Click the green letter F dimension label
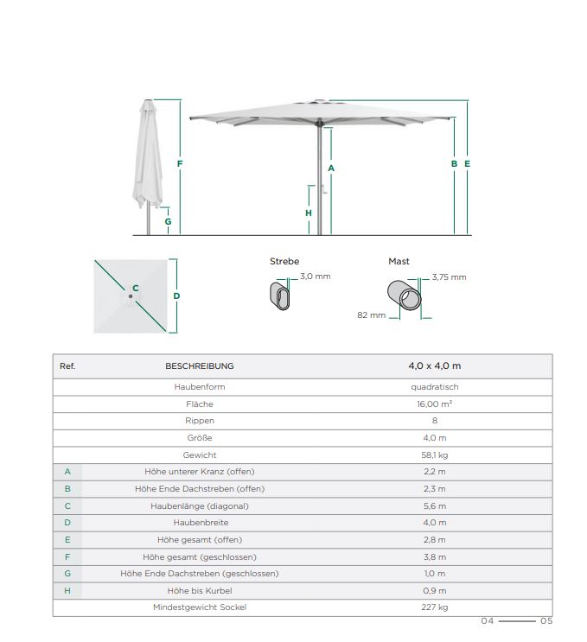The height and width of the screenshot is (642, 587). click(x=180, y=163)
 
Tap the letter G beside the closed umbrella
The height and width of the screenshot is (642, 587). click(x=168, y=221)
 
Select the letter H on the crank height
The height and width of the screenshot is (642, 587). click(x=309, y=213)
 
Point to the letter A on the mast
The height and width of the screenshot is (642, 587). click(x=331, y=168)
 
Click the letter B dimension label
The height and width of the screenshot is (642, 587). click(x=454, y=163)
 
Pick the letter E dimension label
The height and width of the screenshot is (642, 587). click(x=467, y=163)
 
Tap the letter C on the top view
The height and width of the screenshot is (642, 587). click(x=135, y=289)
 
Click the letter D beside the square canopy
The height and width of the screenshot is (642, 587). click(x=176, y=296)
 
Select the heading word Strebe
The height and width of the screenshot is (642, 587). click(x=284, y=261)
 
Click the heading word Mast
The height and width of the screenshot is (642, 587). click(x=399, y=261)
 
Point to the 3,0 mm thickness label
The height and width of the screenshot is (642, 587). click(x=316, y=277)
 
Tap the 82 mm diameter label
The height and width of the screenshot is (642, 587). click(x=371, y=315)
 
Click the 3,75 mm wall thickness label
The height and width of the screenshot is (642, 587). click(x=449, y=277)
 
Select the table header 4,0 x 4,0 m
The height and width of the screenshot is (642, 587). click(x=434, y=365)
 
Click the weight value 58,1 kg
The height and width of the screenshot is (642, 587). click(x=435, y=454)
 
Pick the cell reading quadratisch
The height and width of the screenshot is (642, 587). click(x=435, y=387)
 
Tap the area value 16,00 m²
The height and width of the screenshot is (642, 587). click(x=435, y=404)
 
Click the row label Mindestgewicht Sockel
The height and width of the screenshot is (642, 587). click(x=200, y=607)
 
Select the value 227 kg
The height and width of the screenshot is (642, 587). click(x=435, y=607)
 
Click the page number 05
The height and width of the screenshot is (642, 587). click(x=546, y=620)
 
